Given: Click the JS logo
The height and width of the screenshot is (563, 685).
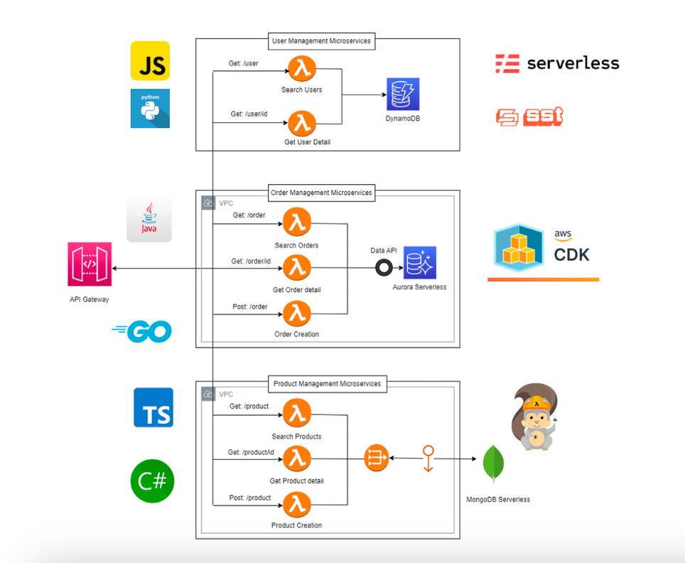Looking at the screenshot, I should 150,60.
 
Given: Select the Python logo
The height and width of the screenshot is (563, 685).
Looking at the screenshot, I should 150,108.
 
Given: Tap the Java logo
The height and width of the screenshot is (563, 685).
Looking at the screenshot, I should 149,220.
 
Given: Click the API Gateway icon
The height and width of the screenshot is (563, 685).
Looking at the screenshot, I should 90,264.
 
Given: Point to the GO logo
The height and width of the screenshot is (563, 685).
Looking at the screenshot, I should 142,331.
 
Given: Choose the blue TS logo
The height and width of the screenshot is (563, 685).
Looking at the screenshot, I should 153,407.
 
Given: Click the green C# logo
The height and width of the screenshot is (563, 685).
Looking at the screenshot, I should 153,481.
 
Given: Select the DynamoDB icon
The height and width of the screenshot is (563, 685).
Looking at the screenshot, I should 403,95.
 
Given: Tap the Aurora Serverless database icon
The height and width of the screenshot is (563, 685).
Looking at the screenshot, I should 420,263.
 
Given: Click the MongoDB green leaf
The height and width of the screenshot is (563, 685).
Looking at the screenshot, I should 494,464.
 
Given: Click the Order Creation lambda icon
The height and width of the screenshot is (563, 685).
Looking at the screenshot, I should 297,313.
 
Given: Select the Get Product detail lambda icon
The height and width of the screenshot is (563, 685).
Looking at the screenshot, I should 297,460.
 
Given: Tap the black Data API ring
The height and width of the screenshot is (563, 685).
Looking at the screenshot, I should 384,267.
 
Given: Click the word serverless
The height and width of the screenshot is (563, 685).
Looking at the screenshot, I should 573,63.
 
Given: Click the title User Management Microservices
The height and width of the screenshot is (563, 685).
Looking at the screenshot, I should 322,41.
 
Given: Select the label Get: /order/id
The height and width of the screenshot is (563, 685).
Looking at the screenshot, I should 251,261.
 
